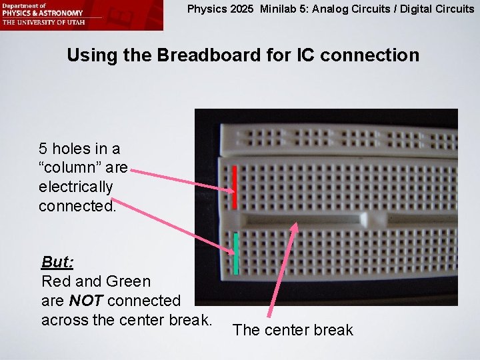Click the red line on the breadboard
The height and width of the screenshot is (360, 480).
(235, 187)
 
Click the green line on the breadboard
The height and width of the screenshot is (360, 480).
(236, 253)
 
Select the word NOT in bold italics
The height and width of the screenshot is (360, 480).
(87, 301)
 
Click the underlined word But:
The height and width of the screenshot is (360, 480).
(57, 261)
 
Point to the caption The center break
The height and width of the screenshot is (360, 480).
(293, 330)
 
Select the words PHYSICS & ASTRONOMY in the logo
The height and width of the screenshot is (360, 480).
(42, 13)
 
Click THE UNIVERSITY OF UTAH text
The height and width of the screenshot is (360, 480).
(40, 21)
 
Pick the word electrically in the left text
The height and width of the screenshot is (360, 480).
(76, 187)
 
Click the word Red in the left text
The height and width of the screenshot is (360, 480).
(55, 281)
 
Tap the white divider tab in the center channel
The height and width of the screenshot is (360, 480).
(364, 219)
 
